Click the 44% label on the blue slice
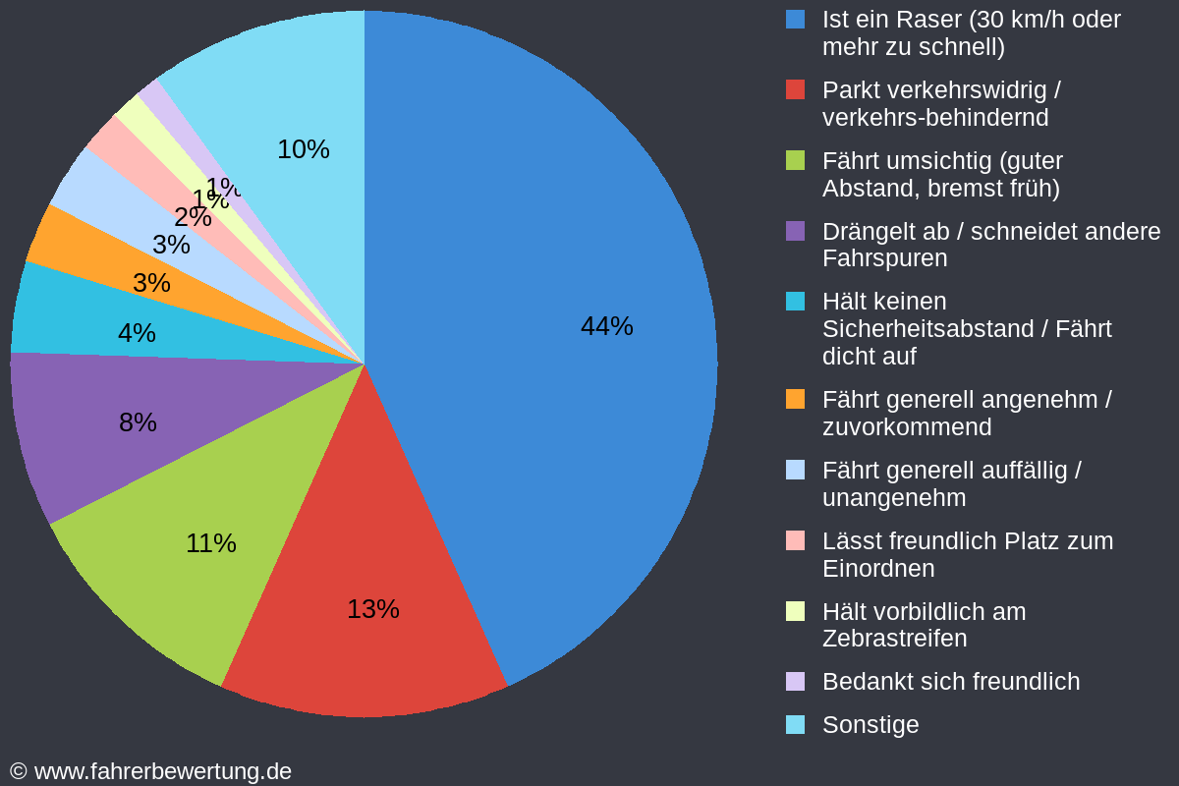pos(606,326)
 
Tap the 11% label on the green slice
pos(211,543)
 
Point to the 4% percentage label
pos(137,333)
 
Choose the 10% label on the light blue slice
pos(303,149)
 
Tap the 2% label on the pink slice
pos(193,217)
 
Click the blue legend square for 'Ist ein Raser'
pos(795,19)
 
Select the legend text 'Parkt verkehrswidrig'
pos(940,90)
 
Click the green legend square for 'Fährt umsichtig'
pos(795,160)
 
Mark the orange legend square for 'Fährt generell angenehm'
pos(795,399)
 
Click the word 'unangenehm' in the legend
pos(893,498)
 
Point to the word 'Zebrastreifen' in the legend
pos(894,639)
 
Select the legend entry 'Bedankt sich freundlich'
pos(950,682)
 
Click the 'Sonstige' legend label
pos(870,725)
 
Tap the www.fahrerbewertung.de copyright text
pos(151,771)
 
